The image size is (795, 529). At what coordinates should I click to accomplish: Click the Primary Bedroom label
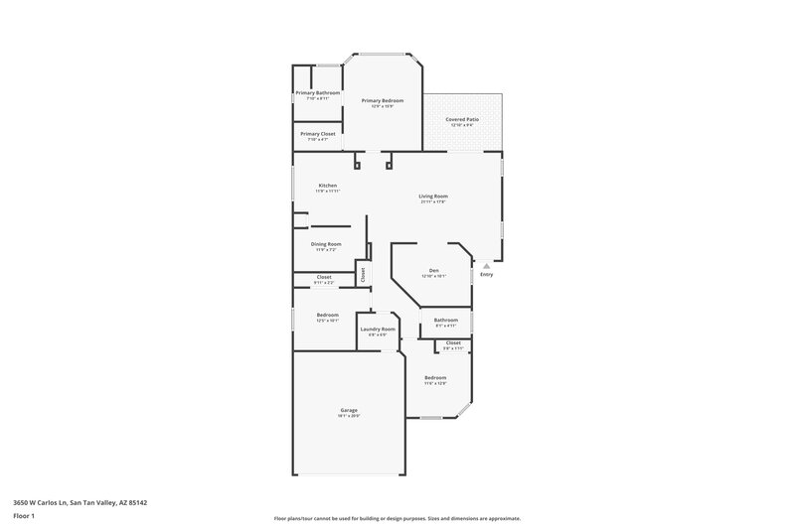383,100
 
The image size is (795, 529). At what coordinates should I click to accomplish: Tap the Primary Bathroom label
318,92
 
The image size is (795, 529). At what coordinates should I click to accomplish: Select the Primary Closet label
318,133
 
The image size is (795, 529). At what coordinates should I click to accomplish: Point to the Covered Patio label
463,119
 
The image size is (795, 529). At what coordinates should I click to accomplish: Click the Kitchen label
327,186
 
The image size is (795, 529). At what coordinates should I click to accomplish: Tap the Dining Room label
327,243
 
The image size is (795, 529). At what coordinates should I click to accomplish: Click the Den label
433,270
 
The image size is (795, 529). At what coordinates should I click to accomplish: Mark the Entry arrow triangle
486,266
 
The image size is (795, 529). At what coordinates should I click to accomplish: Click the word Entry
486,275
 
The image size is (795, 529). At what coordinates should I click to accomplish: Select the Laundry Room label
378,329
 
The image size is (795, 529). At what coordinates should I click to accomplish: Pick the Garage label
349,410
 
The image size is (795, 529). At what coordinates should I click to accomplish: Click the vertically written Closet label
363,273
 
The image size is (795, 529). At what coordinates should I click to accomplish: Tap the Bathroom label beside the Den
445,320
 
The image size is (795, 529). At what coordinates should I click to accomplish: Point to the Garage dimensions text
349,416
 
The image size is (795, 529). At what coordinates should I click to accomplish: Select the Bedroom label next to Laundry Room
327,315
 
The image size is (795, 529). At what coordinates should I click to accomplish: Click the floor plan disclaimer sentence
397,518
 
